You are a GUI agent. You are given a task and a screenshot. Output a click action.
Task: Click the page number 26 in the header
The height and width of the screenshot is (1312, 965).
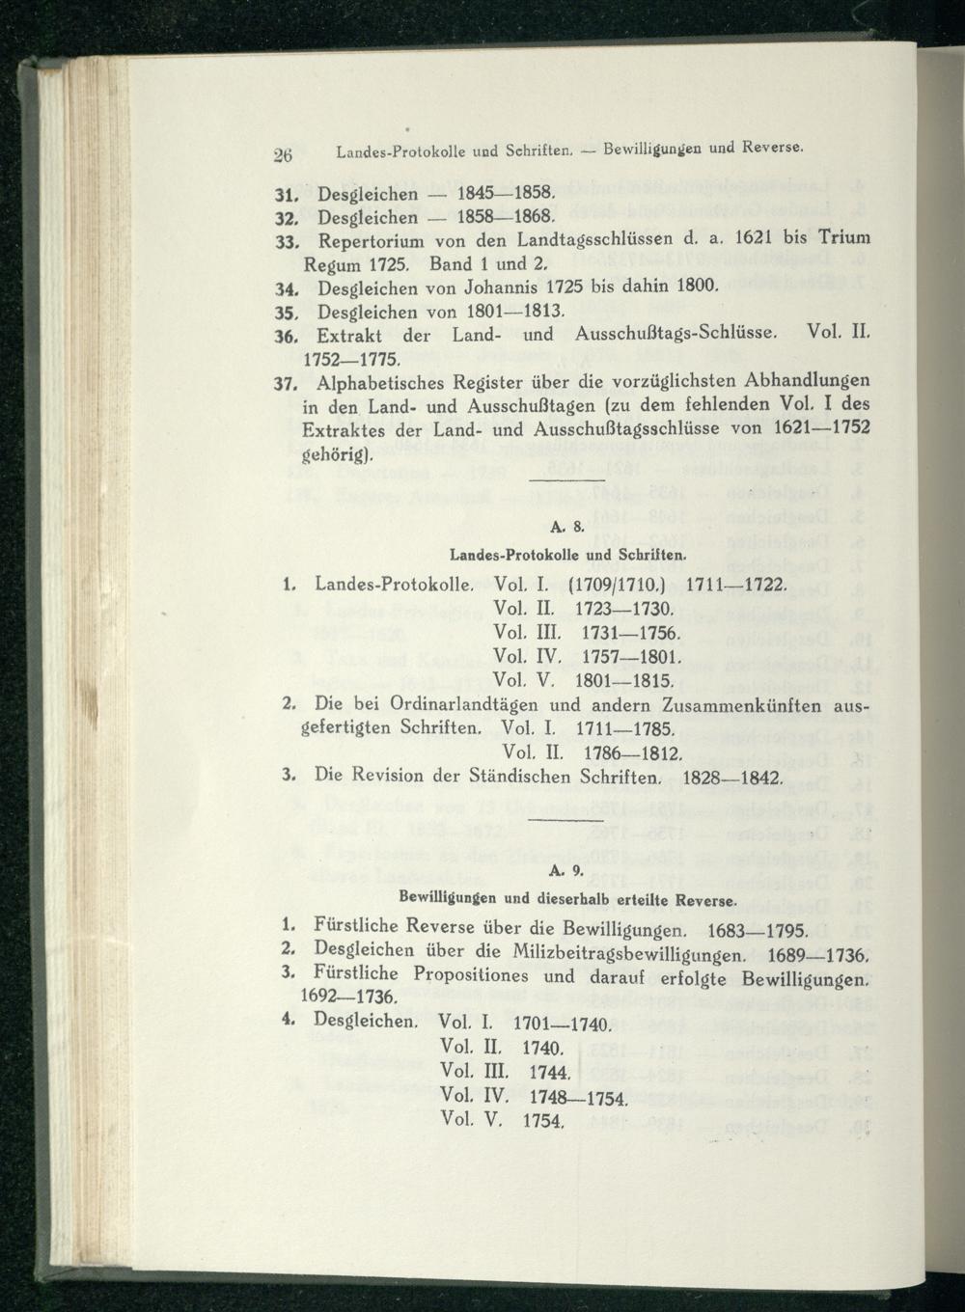(x=282, y=151)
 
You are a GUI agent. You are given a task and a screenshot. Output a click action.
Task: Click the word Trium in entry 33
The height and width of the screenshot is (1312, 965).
(x=839, y=238)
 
